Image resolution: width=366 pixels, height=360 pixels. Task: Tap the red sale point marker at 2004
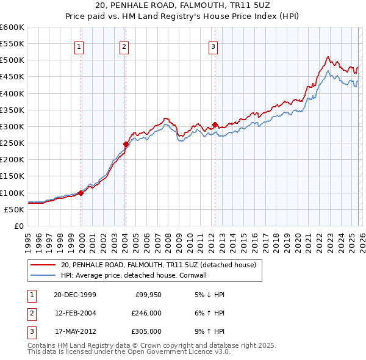click(x=126, y=145)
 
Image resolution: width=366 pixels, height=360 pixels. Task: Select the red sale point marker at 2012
click(x=215, y=125)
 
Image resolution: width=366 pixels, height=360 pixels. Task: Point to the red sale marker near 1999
click(x=81, y=193)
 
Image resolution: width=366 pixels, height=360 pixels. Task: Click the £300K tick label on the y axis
click(x=12, y=126)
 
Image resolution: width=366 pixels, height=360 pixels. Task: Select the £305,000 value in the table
click(x=146, y=331)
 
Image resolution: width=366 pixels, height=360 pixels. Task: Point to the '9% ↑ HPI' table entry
click(x=208, y=331)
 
